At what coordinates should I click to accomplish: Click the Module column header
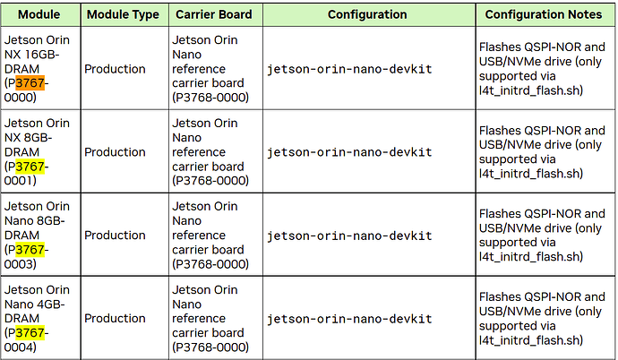pos(39,14)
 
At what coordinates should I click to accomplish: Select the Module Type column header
pos(123,14)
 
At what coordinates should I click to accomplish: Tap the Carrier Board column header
pos(214,14)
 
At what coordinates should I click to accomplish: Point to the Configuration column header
pos(367,14)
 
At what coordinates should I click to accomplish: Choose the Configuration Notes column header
pos(544,14)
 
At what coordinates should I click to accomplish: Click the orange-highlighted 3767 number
pos(30,83)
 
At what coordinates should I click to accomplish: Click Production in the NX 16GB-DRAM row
pos(115,69)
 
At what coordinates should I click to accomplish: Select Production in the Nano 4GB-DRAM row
pos(115,318)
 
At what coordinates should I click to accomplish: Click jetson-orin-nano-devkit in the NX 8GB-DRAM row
pos(349,152)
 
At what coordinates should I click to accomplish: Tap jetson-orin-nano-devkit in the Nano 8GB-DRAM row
pos(349,236)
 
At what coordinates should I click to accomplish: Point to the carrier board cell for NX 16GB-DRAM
pos(210,69)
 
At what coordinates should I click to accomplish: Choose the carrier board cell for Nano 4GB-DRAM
pos(210,318)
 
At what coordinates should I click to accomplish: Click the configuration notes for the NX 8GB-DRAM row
pos(542,152)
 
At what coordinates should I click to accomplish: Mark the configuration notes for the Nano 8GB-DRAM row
pos(542,236)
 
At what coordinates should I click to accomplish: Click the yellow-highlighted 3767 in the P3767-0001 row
pos(30,167)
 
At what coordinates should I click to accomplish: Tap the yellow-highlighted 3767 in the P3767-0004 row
pos(30,333)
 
